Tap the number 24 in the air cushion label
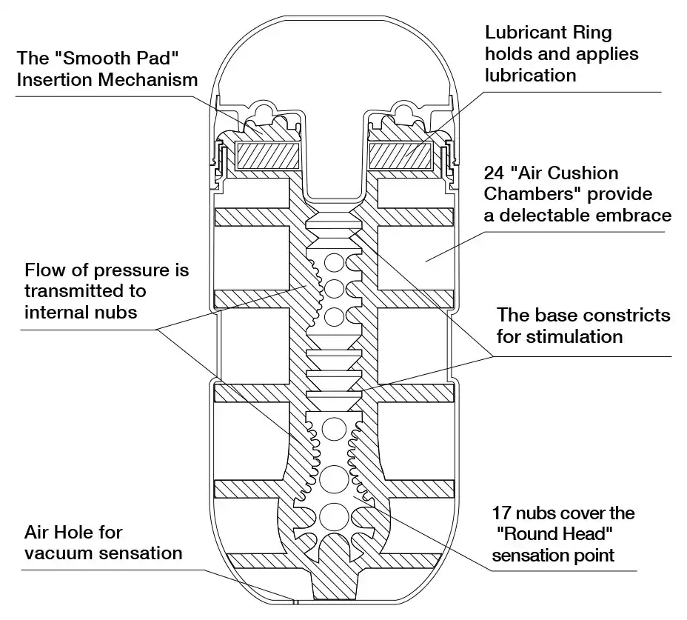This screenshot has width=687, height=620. pos(494,173)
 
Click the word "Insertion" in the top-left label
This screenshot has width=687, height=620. pos(54,80)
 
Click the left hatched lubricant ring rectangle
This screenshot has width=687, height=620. pos(268,156)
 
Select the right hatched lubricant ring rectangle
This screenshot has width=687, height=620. pos(401,156)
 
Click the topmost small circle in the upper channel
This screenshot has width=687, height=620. pos(334,264)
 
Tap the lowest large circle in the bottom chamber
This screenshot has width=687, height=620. pos(334,516)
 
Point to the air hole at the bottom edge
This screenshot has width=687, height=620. pos(295,601)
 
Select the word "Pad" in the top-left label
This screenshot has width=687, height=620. pos(161,59)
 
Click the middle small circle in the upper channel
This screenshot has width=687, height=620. pos(334,289)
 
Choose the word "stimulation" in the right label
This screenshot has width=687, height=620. pos(574,337)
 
